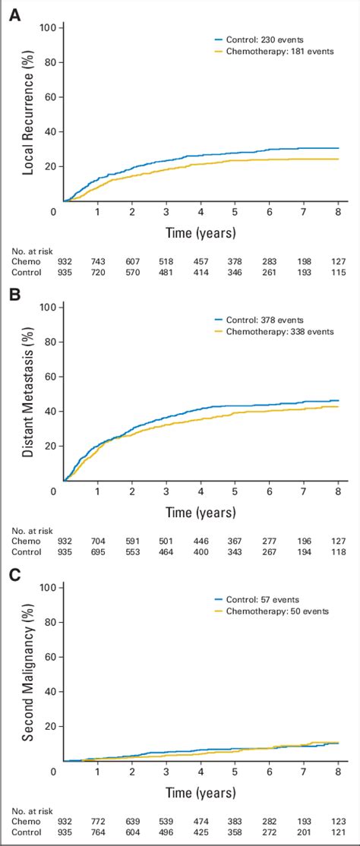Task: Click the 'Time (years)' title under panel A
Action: pyautogui.click(x=201, y=231)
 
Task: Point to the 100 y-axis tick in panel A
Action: pyautogui.click(x=49, y=28)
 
